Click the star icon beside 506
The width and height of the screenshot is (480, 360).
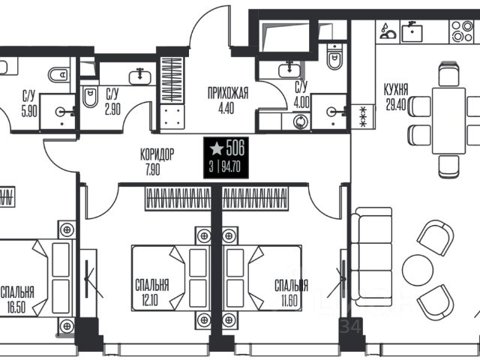tap(217, 148)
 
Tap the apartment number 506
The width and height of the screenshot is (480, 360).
tap(235, 148)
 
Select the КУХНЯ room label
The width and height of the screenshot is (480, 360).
tap(396, 90)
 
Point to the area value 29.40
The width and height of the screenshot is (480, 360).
tap(396, 104)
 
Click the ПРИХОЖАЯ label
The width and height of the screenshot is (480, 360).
tap(228, 93)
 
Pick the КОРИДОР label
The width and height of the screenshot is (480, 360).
tap(157, 154)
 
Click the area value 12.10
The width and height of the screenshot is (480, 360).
tap(150, 300)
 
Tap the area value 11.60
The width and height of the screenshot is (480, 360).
tap(289, 300)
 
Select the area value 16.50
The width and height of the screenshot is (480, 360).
tap(16, 307)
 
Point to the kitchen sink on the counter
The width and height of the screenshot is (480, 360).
tap(412, 31)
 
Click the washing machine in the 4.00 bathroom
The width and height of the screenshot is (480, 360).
tap(300, 121)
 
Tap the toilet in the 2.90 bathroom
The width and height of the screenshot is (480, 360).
tap(90, 97)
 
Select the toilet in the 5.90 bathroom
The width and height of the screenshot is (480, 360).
tap(58, 74)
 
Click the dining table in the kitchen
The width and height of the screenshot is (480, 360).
tap(448, 121)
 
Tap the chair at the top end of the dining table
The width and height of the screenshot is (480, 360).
tap(448, 74)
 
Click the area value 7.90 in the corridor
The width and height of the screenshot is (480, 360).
tap(153, 169)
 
